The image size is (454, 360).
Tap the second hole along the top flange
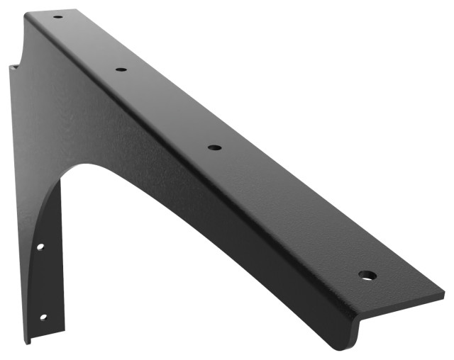121,69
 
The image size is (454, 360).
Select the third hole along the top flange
214,147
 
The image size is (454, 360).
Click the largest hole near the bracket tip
366,274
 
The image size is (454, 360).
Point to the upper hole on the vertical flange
40,247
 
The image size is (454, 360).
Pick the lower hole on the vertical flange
43,317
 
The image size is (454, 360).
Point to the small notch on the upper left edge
13,68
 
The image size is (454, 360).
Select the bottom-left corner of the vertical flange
28,343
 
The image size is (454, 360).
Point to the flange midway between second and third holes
167,108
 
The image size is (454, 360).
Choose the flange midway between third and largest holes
289,211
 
